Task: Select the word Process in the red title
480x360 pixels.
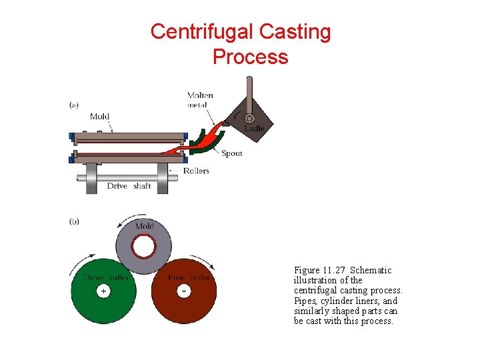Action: [250, 57]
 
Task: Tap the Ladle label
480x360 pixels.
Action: [254, 128]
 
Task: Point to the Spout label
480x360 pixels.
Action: [231, 153]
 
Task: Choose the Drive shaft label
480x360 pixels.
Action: [129, 186]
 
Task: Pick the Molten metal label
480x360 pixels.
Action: [200, 99]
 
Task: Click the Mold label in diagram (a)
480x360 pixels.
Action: [99, 117]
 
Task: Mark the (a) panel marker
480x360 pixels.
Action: [74, 105]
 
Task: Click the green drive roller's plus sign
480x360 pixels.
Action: [103, 291]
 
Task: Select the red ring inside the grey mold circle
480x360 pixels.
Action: [143, 248]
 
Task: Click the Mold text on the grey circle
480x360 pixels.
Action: [144, 227]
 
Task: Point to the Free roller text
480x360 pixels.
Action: [189, 277]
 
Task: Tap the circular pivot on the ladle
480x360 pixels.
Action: [249, 118]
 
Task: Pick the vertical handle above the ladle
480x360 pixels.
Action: [249, 93]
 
